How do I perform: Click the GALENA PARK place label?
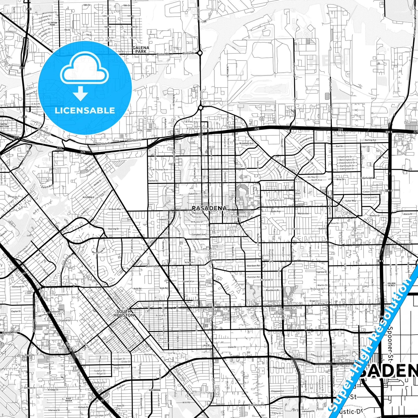click(x=141, y=49)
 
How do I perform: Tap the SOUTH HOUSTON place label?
click(x=124, y=313)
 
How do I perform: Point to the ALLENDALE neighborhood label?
click(x=89, y=197)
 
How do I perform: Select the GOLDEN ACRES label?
click(x=391, y=284)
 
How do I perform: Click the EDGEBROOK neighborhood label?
click(x=154, y=390)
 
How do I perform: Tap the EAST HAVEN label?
click(x=69, y=399)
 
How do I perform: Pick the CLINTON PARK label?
click(x=52, y=24)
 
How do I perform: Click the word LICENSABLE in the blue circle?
click(x=85, y=110)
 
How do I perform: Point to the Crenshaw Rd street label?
click(x=256, y=405)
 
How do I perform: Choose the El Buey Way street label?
click(x=115, y=209)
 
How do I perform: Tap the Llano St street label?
click(x=232, y=347)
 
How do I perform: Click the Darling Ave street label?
click(x=370, y=140)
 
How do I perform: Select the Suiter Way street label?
click(x=351, y=201)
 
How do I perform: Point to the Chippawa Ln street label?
click(x=277, y=391)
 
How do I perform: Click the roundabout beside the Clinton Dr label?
click(x=200, y=53)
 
